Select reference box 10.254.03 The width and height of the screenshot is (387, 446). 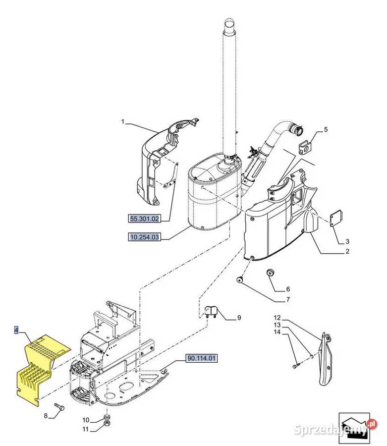(x=144, y=238)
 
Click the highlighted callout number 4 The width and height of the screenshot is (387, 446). (x=16, y=330)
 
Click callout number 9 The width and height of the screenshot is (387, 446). (x=238, y=318)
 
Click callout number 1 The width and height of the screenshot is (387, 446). (x=123, y=121)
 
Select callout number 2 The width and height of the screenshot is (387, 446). (x=347, y=252)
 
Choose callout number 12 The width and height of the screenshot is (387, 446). (x=277, y=318)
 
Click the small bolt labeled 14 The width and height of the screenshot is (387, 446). (x=296, y=365)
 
